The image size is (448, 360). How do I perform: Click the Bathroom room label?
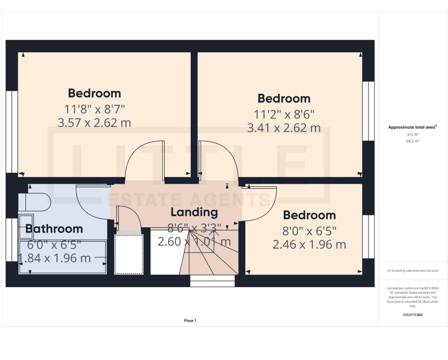coord(54,229)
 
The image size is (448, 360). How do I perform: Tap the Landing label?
coord(194,212)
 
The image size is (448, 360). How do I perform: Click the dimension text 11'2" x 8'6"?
coord(284,114)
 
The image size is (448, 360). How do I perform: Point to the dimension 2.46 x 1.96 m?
coord(309,244)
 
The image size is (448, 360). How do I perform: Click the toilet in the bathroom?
coord(35,202)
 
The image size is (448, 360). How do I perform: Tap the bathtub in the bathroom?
coord(62,257)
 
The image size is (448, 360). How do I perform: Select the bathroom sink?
coord(26,227)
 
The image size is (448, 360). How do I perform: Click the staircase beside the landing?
coord(207,257)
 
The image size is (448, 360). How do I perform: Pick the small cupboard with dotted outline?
coord(129,254)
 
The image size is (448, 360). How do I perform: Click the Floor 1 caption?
coord(190,321)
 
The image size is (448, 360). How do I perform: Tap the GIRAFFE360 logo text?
coord(412,315)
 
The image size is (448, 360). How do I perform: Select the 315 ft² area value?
coord(412,135)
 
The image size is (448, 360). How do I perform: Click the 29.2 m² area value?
coord(412,141)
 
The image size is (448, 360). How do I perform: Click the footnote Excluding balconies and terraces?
coord(412,270)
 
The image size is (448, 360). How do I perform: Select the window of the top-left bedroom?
coord(12,131)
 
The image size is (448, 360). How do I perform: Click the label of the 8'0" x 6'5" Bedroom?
coord(309,215)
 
